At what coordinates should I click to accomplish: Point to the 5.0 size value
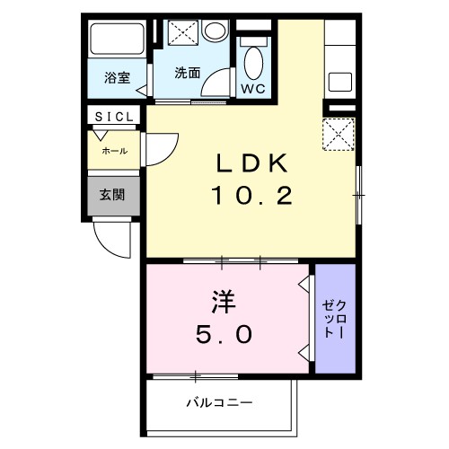[225, 334]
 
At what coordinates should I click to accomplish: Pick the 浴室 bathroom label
[118, 77]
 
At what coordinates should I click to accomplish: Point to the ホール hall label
[114, 151]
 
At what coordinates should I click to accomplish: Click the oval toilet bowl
[254, 62]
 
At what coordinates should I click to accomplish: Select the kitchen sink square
[342, 81]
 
